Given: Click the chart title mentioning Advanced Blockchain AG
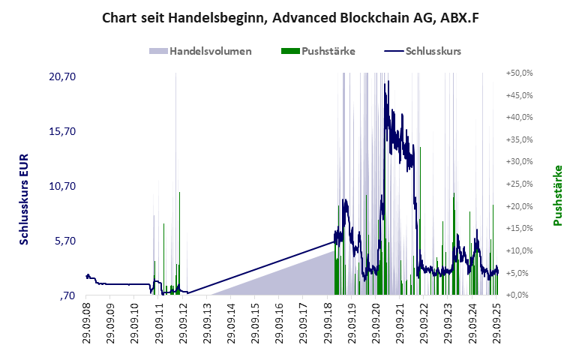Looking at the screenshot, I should coord(289,17).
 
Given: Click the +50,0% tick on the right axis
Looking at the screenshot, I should coord(519,73).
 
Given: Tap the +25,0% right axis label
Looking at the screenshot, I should coord(519,184).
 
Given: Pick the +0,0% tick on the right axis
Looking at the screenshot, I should coord(520,295).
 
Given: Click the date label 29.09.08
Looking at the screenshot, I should coord(87,322).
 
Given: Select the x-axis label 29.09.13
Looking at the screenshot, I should coord(206,322).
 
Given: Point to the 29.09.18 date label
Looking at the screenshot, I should coord(328,322).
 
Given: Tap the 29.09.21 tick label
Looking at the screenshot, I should coord(400,322).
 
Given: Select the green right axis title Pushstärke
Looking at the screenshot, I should coord(557,196).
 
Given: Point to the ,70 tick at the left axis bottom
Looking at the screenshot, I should coord(67,295).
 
